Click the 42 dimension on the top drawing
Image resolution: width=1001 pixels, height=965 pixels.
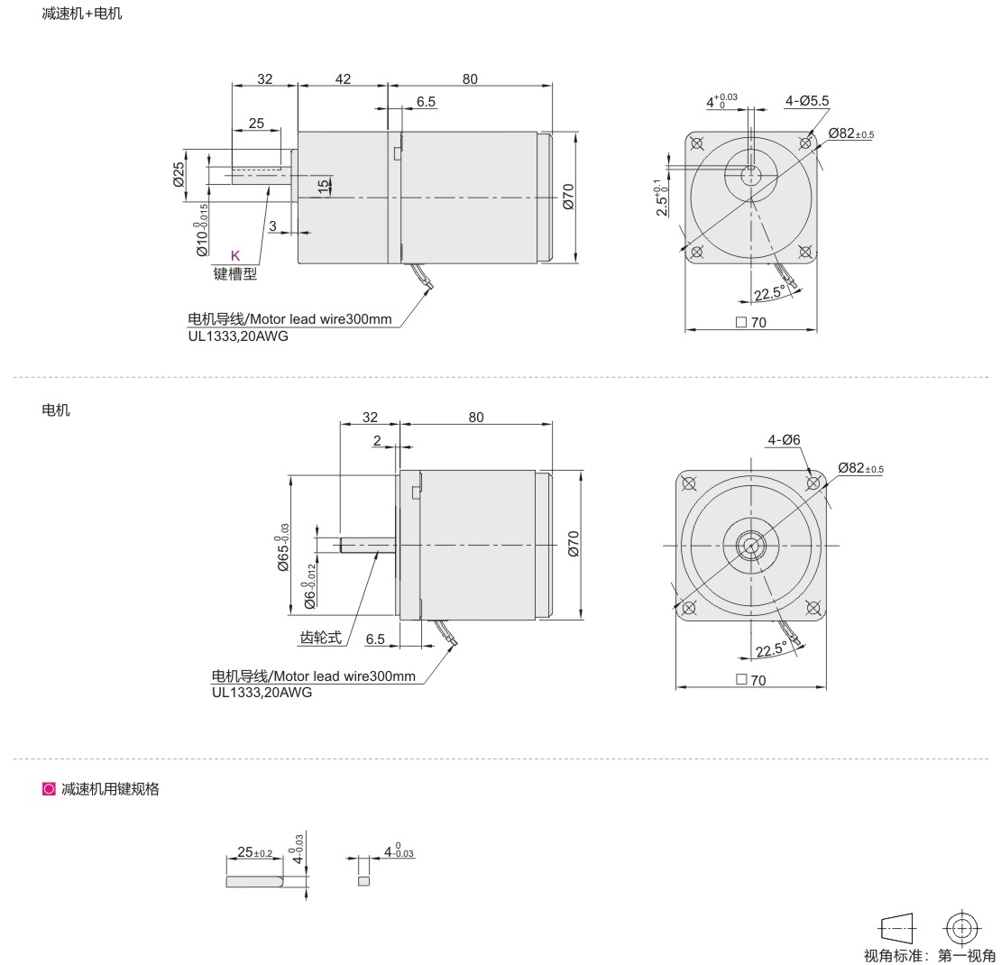[343, 78]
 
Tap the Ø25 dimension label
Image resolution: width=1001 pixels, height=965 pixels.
[179, 174]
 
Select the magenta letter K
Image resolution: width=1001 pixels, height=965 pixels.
[235, 255]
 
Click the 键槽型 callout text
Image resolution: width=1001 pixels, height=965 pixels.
[235, 274]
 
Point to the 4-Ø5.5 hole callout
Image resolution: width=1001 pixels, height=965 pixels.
[807, 101]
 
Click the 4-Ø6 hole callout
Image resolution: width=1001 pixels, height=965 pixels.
[784, 439]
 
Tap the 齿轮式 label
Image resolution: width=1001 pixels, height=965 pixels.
[320, 638]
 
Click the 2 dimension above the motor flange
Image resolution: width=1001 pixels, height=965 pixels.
[377, 440]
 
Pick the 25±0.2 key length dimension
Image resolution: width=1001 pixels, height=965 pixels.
[254, 852]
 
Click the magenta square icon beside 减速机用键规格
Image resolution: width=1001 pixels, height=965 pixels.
[49, 789]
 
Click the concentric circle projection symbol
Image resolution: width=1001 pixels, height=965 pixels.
[961, 927]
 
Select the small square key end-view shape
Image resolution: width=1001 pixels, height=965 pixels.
[364, 881]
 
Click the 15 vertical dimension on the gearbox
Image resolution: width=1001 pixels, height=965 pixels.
[324, 185]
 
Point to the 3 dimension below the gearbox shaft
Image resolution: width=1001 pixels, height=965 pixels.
[272, 225]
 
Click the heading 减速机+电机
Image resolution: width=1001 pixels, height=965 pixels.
[82, 14]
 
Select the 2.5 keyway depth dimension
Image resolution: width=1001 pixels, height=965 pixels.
[661, 198]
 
